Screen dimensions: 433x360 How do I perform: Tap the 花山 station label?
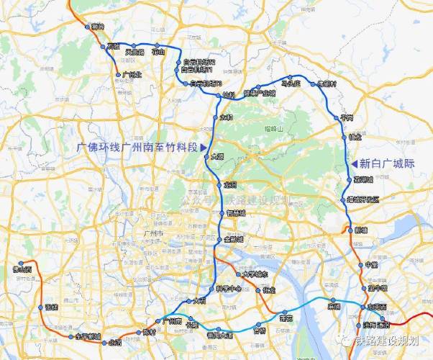pos(158,52)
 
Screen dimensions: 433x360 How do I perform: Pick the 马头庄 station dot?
pos(290,78)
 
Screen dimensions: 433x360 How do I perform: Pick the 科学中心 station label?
pos(230,289)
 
